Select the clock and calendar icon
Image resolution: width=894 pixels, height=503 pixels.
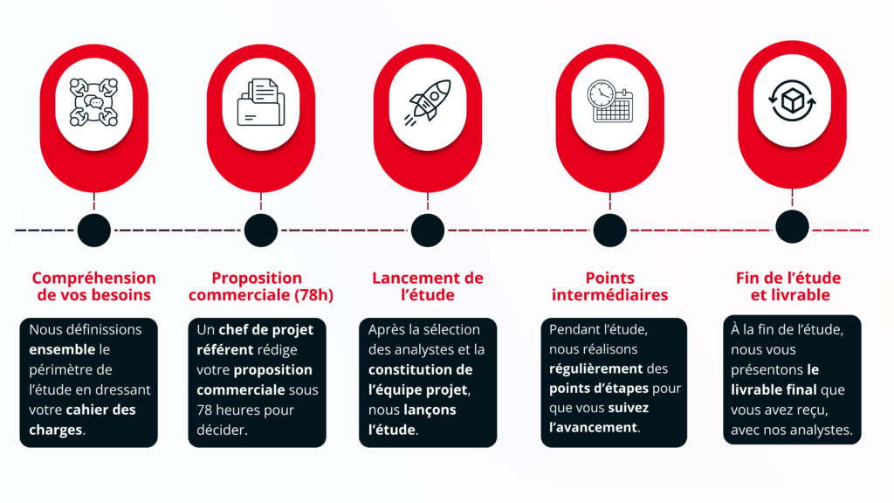pos(609,101)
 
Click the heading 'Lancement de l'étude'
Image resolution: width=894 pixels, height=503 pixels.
pos(428,286)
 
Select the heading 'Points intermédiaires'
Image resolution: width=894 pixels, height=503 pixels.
pos(609,286)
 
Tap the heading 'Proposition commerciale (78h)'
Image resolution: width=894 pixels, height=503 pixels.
pos(260,286)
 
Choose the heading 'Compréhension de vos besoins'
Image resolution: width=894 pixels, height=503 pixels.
pos(94,286)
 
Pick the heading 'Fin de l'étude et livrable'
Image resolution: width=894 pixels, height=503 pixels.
pos(789,286)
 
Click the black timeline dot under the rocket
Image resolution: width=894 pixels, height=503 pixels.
pos(428,231)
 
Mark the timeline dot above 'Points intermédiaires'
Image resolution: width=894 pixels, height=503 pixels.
pos(609,231)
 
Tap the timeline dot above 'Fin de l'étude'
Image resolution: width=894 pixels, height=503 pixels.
pos(792,226)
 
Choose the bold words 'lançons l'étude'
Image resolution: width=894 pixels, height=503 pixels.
pos(410,419)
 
